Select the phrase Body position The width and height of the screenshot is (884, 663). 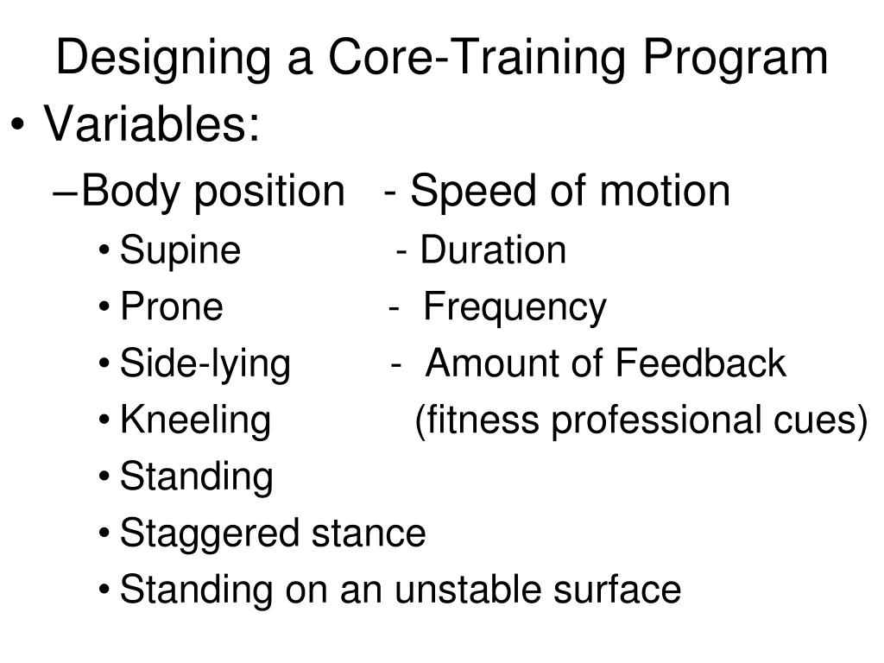tap(212, 192)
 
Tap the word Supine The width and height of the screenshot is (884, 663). tap(180, 251)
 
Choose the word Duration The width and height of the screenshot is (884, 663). tap(493, 250)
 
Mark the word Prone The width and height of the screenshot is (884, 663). tap(172, 307)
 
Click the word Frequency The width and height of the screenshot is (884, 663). tap(515, 308)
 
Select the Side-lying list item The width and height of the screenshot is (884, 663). tap(205, 364)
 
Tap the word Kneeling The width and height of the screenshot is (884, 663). tap(195, 421)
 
